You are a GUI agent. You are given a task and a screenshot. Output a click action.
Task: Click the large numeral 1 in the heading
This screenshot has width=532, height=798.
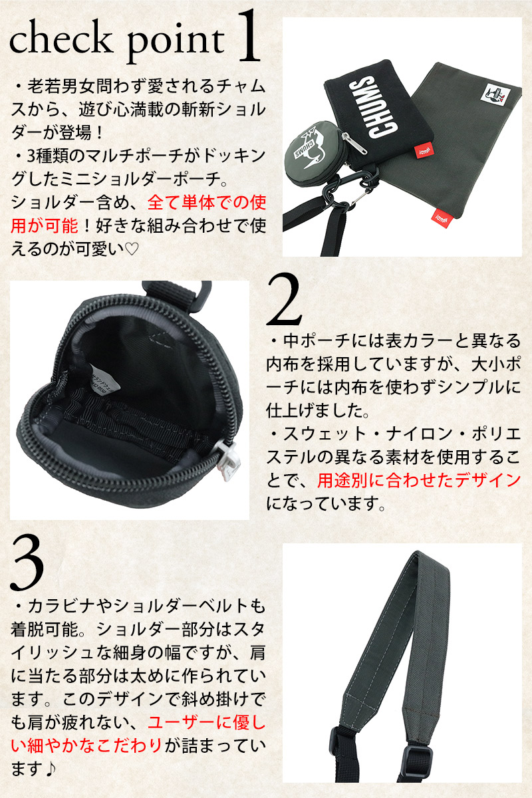247,36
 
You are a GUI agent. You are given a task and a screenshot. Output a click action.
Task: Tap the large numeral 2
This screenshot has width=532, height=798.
284,300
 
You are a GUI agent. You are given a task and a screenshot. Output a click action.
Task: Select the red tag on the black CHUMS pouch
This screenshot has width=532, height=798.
424,150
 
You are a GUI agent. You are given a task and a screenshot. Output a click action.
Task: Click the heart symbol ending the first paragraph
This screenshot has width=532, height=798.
132,249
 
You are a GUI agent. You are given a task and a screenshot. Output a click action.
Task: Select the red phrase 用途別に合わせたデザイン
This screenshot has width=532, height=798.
419,480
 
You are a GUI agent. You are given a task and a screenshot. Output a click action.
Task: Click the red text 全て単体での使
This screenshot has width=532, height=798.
207,202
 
